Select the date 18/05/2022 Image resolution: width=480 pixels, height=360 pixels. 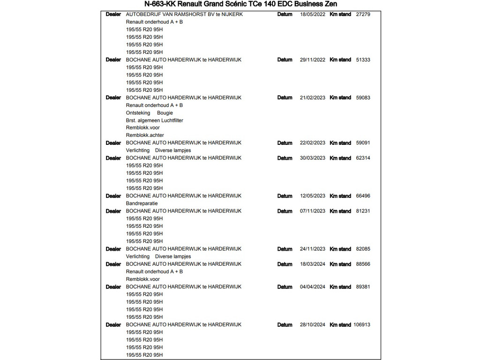click(x=312, y=15)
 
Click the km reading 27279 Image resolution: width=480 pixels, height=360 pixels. click(x=363, y=15)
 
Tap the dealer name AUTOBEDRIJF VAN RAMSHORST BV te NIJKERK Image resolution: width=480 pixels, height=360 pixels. click(x=184, y=15)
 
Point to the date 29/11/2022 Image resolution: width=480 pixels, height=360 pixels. click(x=312, y=60)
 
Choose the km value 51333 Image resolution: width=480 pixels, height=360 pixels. click(x=363, y=60)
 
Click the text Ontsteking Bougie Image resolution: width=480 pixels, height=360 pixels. click(x=149, y=113)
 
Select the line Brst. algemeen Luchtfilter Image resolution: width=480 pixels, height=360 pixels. click(x=154, y=120)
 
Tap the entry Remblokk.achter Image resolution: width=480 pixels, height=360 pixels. click(x=145, y=135)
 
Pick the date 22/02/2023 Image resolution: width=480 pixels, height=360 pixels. click(x=312, y=143)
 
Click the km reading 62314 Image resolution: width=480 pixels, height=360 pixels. click(x=363, y=158)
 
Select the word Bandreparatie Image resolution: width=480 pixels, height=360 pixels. click(x=142, y=203)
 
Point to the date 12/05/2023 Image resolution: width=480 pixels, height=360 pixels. click(x=312, y=196)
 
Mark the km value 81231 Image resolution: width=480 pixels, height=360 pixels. click(x=363, y=211)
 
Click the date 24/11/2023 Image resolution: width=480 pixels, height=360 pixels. click(x=312, y=249)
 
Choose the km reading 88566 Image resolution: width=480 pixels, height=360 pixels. click(x=363, y=264)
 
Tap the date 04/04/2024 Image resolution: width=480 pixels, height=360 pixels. click(x=312, y=287)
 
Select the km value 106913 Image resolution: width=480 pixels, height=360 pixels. click(x=361, y=325)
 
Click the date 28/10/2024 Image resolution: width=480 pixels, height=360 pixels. click(x=312, y=325)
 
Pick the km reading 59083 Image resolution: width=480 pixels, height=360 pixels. click(x=363, y=98)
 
